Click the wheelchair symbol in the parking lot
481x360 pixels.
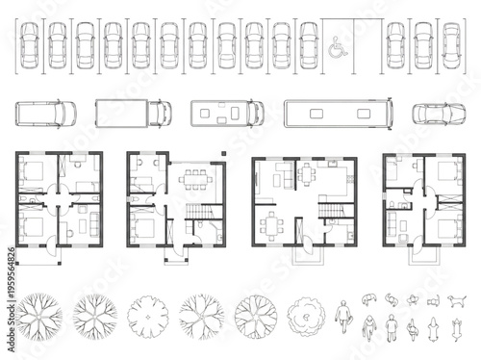coord(336,44)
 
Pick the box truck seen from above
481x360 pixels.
coord(133,113)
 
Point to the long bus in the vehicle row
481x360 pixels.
coord(338,113)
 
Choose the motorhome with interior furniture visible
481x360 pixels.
coord(227,113)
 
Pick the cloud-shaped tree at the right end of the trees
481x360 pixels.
coord(307,313)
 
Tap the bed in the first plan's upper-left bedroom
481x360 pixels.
coord(32,175)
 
